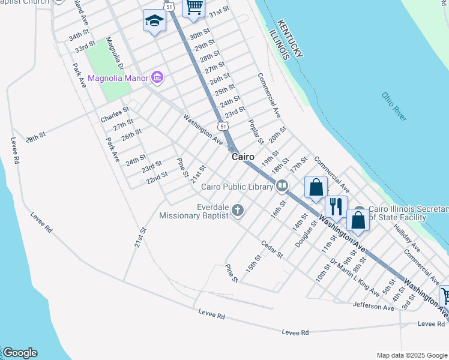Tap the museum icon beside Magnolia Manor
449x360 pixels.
pos(158,77)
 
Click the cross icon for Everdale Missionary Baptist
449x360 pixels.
pos(238,211)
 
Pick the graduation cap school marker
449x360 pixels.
pos(154,22)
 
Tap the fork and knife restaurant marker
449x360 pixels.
pos(336,206)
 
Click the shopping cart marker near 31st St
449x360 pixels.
pos(194,8)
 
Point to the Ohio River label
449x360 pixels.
pos(394,107)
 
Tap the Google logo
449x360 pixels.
pos(19,353)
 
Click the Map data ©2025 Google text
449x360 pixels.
pos(411,355)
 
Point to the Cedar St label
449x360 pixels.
pos(271,250)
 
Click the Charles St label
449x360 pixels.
pos(115,115)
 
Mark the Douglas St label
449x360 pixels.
pos(306,234)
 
